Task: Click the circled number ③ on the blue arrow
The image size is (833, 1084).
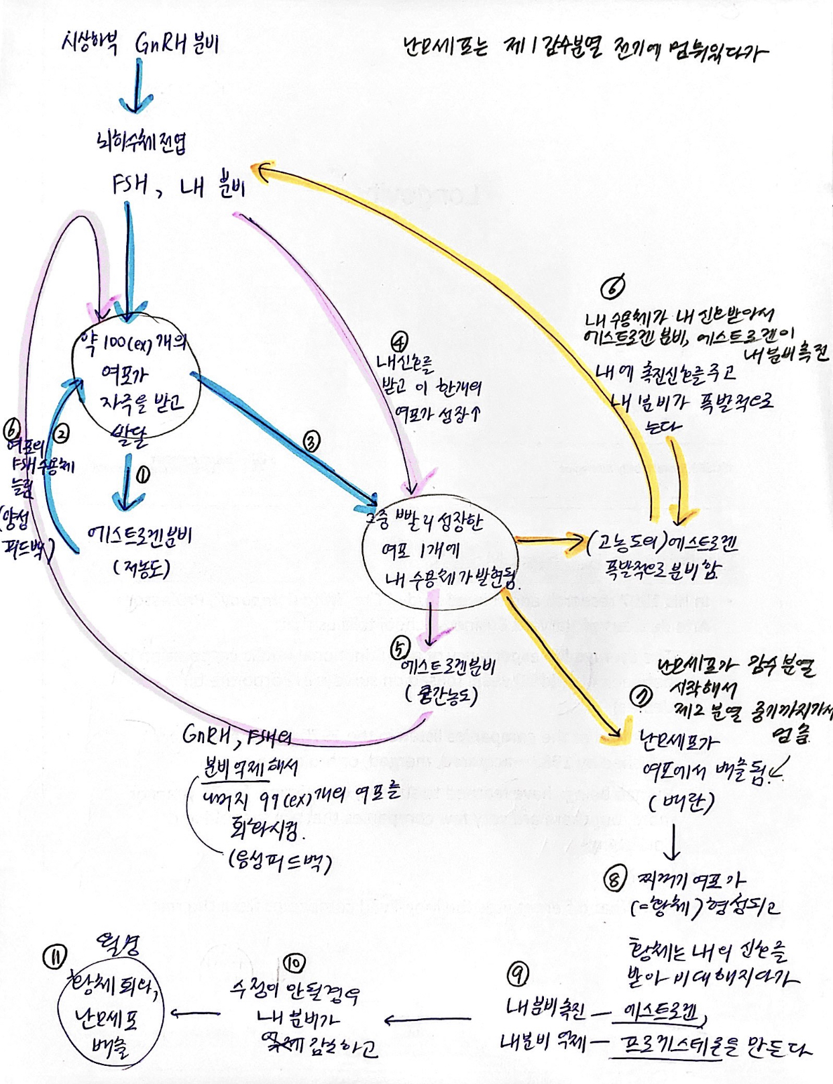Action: [311, 441]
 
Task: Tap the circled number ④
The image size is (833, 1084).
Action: [400, 343]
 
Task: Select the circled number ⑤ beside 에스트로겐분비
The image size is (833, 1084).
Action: [400, 648]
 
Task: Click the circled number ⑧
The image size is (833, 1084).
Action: [614, 879]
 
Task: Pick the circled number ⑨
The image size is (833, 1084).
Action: [517, 974]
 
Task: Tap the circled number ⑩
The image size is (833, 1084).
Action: [294, 963]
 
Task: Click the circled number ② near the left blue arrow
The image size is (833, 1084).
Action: [61, 433]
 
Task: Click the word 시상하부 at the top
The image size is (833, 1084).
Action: [90, 43]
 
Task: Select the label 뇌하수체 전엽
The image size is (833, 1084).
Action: [142, 142]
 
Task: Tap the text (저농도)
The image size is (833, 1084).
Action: [142, 569]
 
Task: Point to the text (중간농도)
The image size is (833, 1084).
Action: [441, 695]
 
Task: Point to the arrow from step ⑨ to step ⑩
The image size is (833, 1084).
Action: [428, 1020]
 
